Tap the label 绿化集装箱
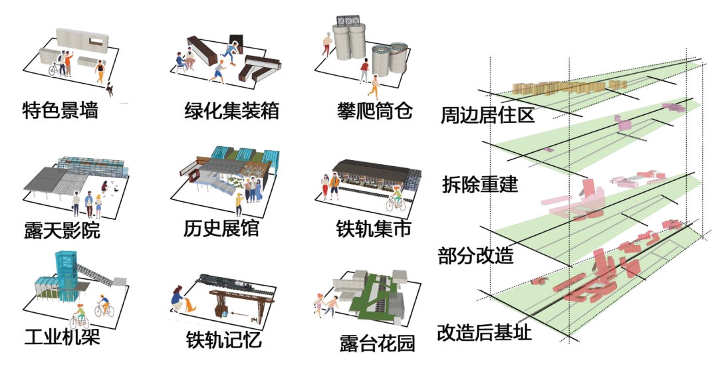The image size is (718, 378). coord(231,110)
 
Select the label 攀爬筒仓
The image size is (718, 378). coord(374,110)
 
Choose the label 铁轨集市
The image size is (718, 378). coord(374,229)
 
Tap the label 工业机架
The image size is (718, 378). coord(61,337)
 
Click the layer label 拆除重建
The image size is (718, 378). coord(480,185)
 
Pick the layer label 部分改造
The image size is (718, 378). coord(475,256)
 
